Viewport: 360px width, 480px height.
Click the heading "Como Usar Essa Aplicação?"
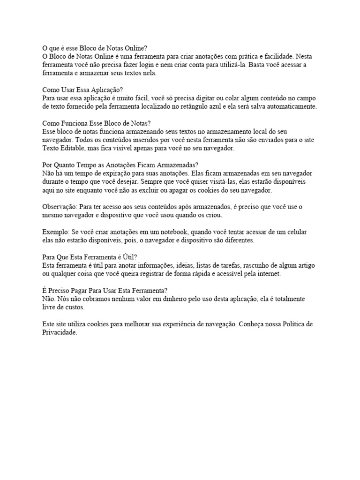[82, 90]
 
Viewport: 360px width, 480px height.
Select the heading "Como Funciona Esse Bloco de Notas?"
[96, 123]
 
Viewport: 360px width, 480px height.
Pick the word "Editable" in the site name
[78, 149]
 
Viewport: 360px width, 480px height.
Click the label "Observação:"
[60, 207]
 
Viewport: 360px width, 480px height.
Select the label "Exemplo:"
[56, 232]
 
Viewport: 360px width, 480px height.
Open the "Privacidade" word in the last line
[59, 333]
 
